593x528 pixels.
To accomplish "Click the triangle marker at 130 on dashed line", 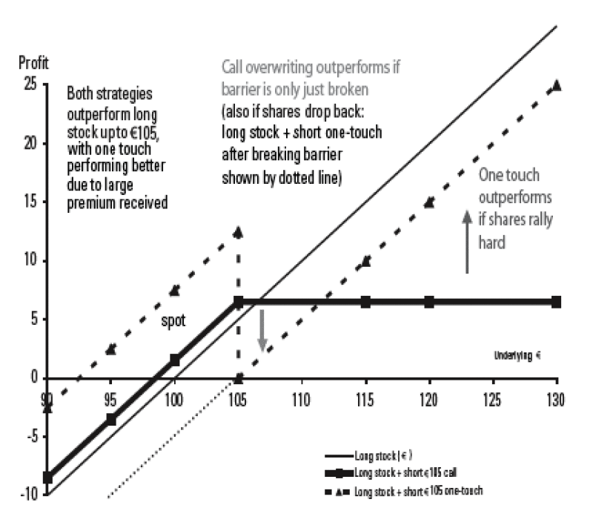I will tap(557, 85).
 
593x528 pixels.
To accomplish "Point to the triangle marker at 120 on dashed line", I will tap(429, 202).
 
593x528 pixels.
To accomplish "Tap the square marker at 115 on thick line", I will tap(365, 302).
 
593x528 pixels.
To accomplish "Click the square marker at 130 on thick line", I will tap(557, 302).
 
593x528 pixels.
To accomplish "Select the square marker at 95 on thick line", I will tap(111, 419).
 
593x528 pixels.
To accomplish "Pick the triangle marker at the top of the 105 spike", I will tap(238, 232).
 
